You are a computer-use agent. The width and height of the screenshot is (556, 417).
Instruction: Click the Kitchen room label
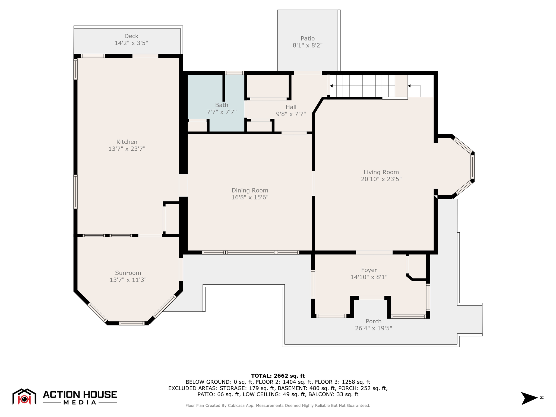(127, 142)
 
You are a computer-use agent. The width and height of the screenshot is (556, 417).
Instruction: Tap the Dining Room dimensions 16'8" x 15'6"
(250, 197)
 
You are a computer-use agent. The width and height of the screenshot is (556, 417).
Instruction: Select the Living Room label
(381, 172)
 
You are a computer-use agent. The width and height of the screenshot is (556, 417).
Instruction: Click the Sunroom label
(128, 273)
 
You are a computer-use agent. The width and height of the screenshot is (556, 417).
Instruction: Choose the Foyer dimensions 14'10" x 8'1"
(369, 277)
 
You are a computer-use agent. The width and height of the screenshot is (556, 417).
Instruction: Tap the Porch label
(373, 321)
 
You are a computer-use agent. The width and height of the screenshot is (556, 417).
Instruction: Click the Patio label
(307, 38)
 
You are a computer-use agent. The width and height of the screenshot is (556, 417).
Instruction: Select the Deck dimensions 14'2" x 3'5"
(131, 43)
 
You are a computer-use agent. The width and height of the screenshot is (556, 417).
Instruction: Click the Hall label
(291, 107)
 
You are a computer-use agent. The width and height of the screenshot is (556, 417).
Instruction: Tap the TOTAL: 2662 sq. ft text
(278, 376)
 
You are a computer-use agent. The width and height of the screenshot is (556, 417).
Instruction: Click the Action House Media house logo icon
(24, 397)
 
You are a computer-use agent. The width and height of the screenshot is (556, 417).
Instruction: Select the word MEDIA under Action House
(80, 402)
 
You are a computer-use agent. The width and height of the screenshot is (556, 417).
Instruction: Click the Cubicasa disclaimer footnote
(278, 406)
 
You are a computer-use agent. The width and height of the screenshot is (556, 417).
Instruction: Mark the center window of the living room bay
(472, 167)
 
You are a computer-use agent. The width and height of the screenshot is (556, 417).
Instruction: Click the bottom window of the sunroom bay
(132, 323)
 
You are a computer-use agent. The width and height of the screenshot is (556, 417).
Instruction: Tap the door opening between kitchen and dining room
(183, 185)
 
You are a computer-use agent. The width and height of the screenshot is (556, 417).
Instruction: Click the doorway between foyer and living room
(374, 252)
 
